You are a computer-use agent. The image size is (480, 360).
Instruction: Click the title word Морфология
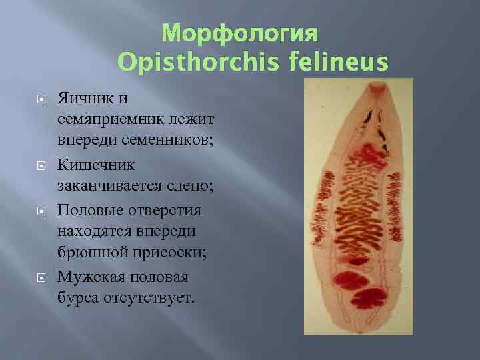tap(241, 33)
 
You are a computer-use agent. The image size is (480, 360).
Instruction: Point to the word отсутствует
tap(150, 297)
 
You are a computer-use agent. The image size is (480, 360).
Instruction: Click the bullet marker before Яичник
tap(41, 99)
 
